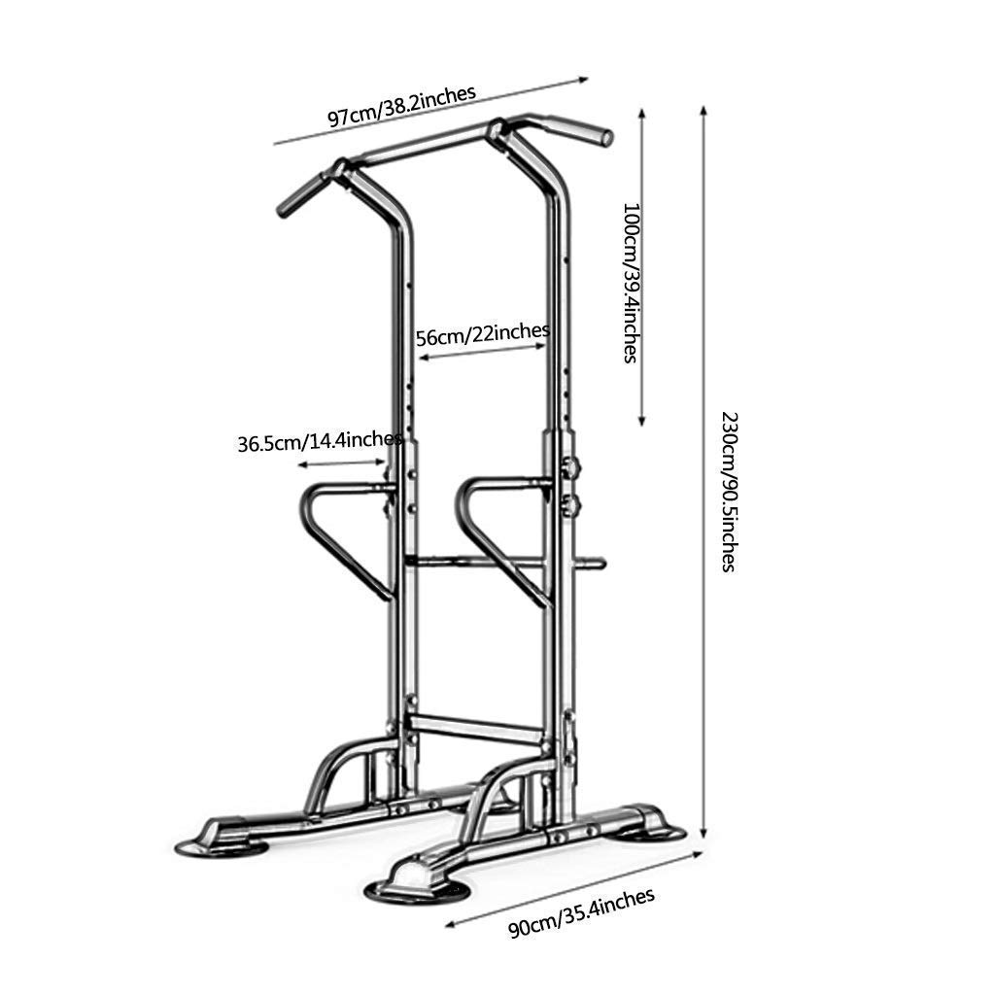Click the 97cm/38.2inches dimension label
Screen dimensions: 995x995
coord(401,106)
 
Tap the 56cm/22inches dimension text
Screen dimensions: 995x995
coord(483,334)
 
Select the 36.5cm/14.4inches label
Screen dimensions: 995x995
coord(320,440)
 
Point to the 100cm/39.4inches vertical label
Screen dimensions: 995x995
coord(630,283)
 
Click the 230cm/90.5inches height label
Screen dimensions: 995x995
coord(729,493)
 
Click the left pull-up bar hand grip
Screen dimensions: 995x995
coord(301,195)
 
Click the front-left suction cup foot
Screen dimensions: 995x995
coord(223,847)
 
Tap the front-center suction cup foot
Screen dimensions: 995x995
coord(417,890)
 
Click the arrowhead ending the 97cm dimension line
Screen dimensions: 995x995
coord(583,79)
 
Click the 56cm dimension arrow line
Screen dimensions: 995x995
coord(482,352)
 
